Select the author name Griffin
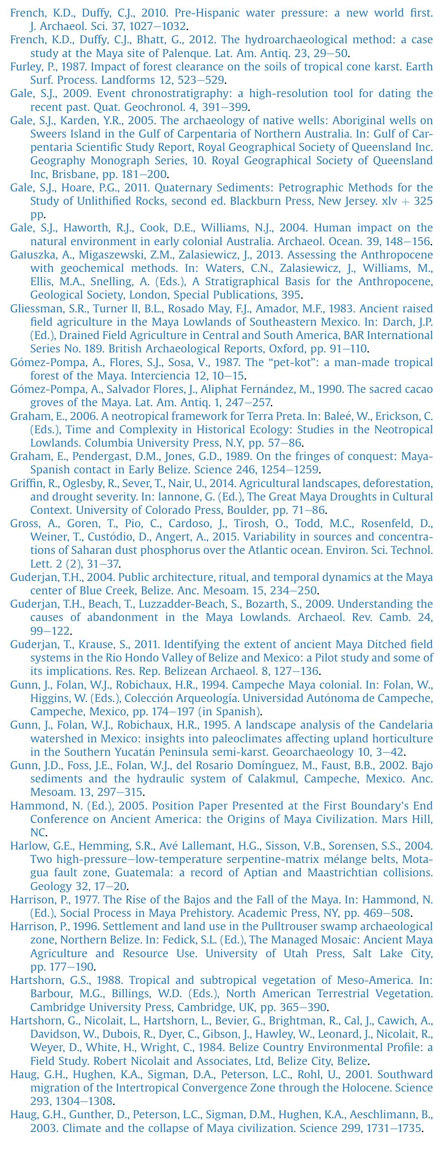25,483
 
